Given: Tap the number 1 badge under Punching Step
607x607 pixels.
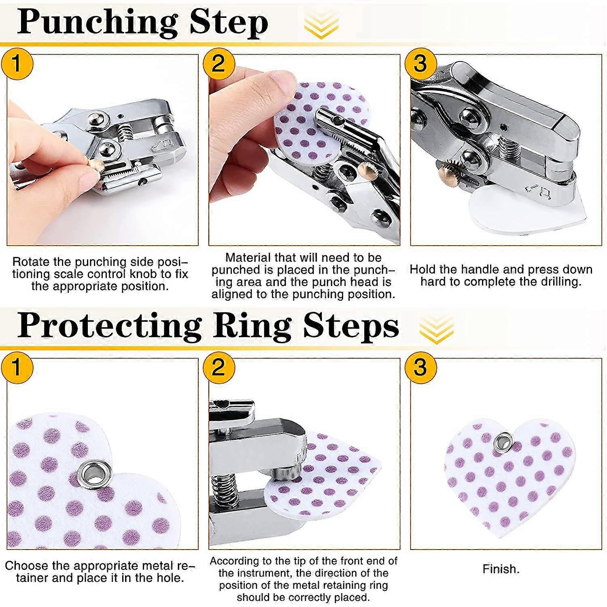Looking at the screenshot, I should (17, 64).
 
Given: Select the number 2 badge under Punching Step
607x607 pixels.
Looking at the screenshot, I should (219, 64).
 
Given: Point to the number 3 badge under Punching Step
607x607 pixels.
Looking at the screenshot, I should (420, 64).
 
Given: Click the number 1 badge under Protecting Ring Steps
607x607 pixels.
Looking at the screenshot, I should (17, 367).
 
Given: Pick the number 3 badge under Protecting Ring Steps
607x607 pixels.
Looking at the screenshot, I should (420, 367).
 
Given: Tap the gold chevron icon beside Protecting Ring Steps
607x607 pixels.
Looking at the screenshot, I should (436, 329).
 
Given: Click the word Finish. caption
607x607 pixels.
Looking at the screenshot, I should (501, 569).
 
